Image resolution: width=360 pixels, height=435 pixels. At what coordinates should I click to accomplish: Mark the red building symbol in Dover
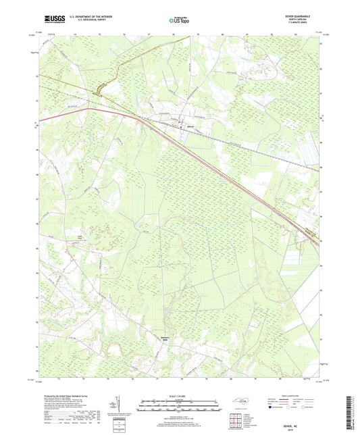[181, 123]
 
